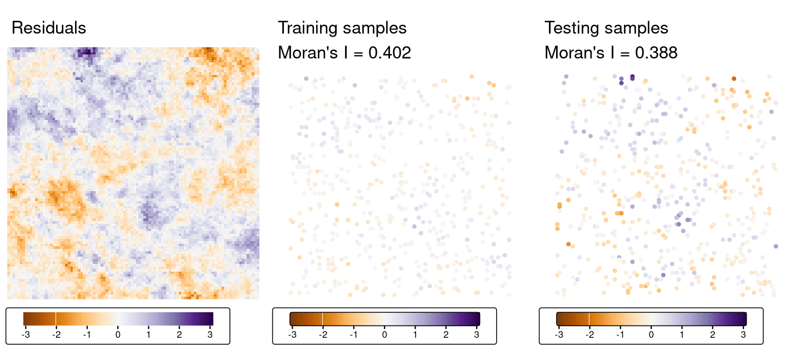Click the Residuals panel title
point(49,28)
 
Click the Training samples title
point(342,28)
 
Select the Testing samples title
point(606,28)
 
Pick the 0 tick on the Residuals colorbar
point(118,335)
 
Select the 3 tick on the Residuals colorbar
point(210,335)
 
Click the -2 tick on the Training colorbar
point(323,335)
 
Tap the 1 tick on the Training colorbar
point(415,335)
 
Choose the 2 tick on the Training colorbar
point(446,335)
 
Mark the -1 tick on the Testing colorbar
point(620,335)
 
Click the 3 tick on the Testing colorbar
point(743,335)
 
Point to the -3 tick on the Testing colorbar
point(558,335)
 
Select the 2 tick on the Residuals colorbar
point(179,335)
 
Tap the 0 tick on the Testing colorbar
point(651,335)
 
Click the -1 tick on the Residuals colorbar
point(87,335)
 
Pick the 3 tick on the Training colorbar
point(477,335)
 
